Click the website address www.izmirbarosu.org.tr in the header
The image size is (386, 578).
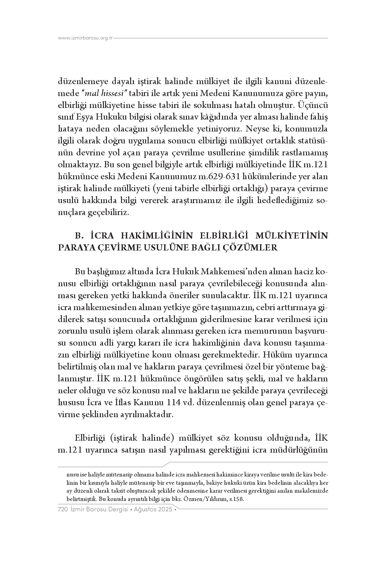click(85, 38)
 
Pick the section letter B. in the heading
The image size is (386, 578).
click(79, 236)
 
